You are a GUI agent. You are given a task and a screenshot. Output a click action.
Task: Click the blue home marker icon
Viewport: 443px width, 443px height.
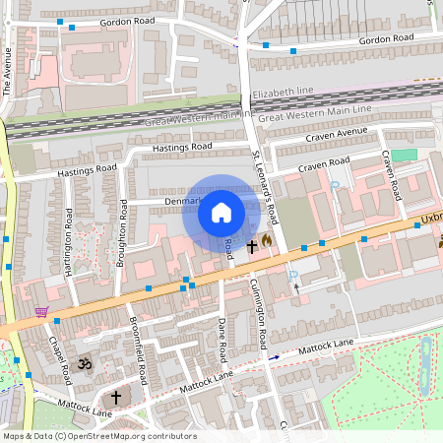click(221, 212)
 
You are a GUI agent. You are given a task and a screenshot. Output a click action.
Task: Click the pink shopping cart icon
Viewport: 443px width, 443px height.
click(40, 311)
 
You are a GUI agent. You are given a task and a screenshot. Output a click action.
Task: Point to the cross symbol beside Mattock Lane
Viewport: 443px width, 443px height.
click(116, 397)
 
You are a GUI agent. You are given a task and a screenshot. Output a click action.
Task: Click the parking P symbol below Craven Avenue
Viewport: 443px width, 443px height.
click(335, 185)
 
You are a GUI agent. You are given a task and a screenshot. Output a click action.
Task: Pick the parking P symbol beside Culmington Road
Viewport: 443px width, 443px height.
click(292, 279)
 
